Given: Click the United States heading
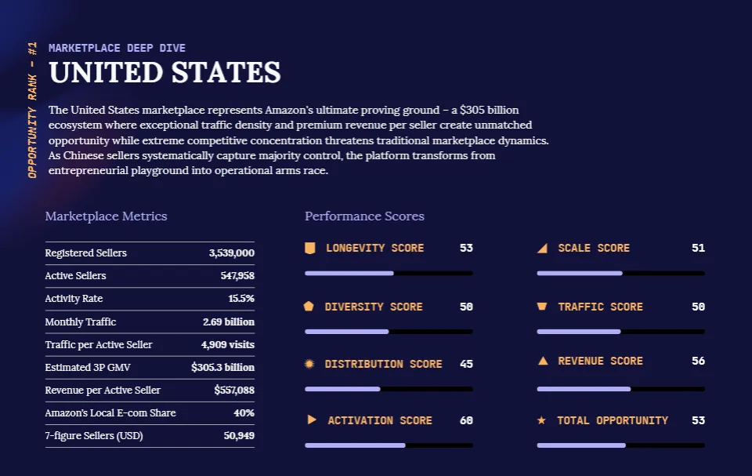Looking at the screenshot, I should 164,73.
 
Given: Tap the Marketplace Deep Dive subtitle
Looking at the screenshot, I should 117,48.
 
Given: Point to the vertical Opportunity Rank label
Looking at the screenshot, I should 32,110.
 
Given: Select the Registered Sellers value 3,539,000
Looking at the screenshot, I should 231,253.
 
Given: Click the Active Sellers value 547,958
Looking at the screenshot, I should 237,276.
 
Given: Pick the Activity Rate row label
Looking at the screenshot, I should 74,299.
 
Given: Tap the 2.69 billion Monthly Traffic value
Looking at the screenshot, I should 228,322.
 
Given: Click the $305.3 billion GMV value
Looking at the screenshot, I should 222,367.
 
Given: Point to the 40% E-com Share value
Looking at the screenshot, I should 244,412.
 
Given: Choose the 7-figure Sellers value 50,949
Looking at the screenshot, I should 239,435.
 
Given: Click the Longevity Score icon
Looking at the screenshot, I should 310,248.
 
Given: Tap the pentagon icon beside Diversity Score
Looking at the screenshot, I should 309,307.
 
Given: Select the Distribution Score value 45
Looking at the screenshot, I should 466,364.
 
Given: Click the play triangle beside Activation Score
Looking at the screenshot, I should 312,420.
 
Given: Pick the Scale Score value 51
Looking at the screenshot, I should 698,248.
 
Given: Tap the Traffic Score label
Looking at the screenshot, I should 600,307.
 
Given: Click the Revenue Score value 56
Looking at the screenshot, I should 698,361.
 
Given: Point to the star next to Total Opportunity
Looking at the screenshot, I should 541,420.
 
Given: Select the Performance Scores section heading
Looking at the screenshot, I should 364,216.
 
